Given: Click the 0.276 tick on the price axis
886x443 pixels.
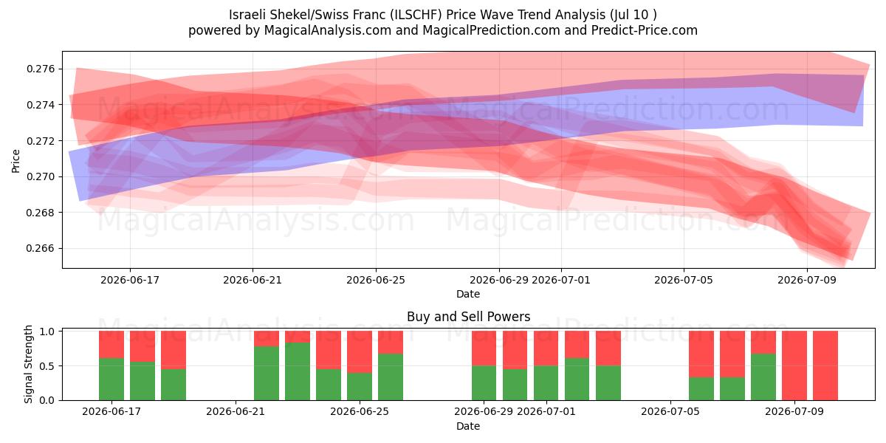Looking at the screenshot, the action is (41, 69).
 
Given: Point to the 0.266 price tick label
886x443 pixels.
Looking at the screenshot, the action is (41, 248).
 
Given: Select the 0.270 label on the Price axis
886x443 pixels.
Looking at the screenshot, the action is (41, 176).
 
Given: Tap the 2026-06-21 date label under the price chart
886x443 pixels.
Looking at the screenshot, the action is (253, 280).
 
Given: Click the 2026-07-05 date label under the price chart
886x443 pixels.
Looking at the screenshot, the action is (684, 280).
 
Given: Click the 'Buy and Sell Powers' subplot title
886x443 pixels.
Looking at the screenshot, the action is (468, 317).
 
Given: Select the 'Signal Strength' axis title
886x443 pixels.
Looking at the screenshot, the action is (28, 364).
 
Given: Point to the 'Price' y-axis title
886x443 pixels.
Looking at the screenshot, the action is (16, 161).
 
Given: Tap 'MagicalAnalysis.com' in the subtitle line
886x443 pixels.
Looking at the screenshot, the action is (328, 30).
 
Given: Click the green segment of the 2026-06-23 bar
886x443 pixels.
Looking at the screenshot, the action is (298, 371).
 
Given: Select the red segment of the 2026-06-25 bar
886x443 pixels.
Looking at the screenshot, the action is (360, 351).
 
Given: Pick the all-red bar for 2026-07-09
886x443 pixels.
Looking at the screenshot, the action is (794, 365).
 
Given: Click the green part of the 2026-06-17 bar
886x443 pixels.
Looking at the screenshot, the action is (111, 380).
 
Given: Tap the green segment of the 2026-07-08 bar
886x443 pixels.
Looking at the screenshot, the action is (763, 377).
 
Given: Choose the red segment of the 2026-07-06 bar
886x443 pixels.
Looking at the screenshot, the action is (701, 354).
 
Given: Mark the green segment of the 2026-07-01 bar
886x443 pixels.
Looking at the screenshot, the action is (546, 383).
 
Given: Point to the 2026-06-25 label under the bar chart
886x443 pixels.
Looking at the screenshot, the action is (360, 412).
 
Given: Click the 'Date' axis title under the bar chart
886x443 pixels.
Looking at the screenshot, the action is (468, 427).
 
